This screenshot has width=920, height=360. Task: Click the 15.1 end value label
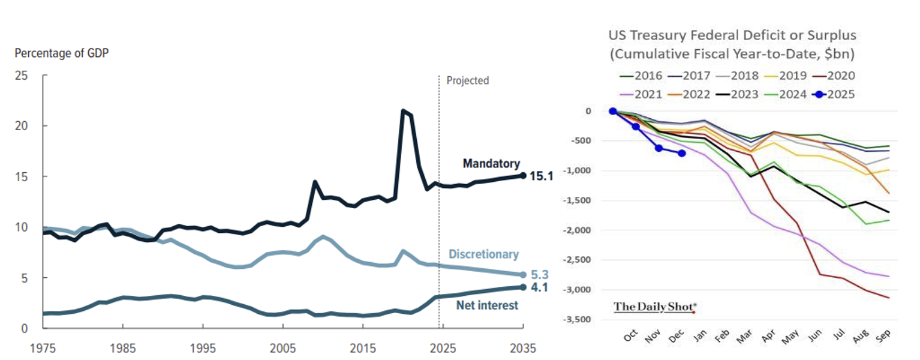540,176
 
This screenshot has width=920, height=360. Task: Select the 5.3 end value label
540,275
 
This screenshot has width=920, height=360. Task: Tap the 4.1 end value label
540,288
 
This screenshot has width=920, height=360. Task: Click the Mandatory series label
491,164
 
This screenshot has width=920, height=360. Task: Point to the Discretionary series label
483,254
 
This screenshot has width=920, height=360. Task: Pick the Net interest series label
487,306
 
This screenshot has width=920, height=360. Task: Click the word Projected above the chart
468,80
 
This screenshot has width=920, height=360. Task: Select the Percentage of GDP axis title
62,53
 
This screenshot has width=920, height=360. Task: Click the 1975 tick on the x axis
44,348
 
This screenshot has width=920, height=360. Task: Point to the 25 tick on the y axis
22,76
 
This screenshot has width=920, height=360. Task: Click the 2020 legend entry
833,76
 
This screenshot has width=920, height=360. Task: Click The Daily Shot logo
655,307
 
